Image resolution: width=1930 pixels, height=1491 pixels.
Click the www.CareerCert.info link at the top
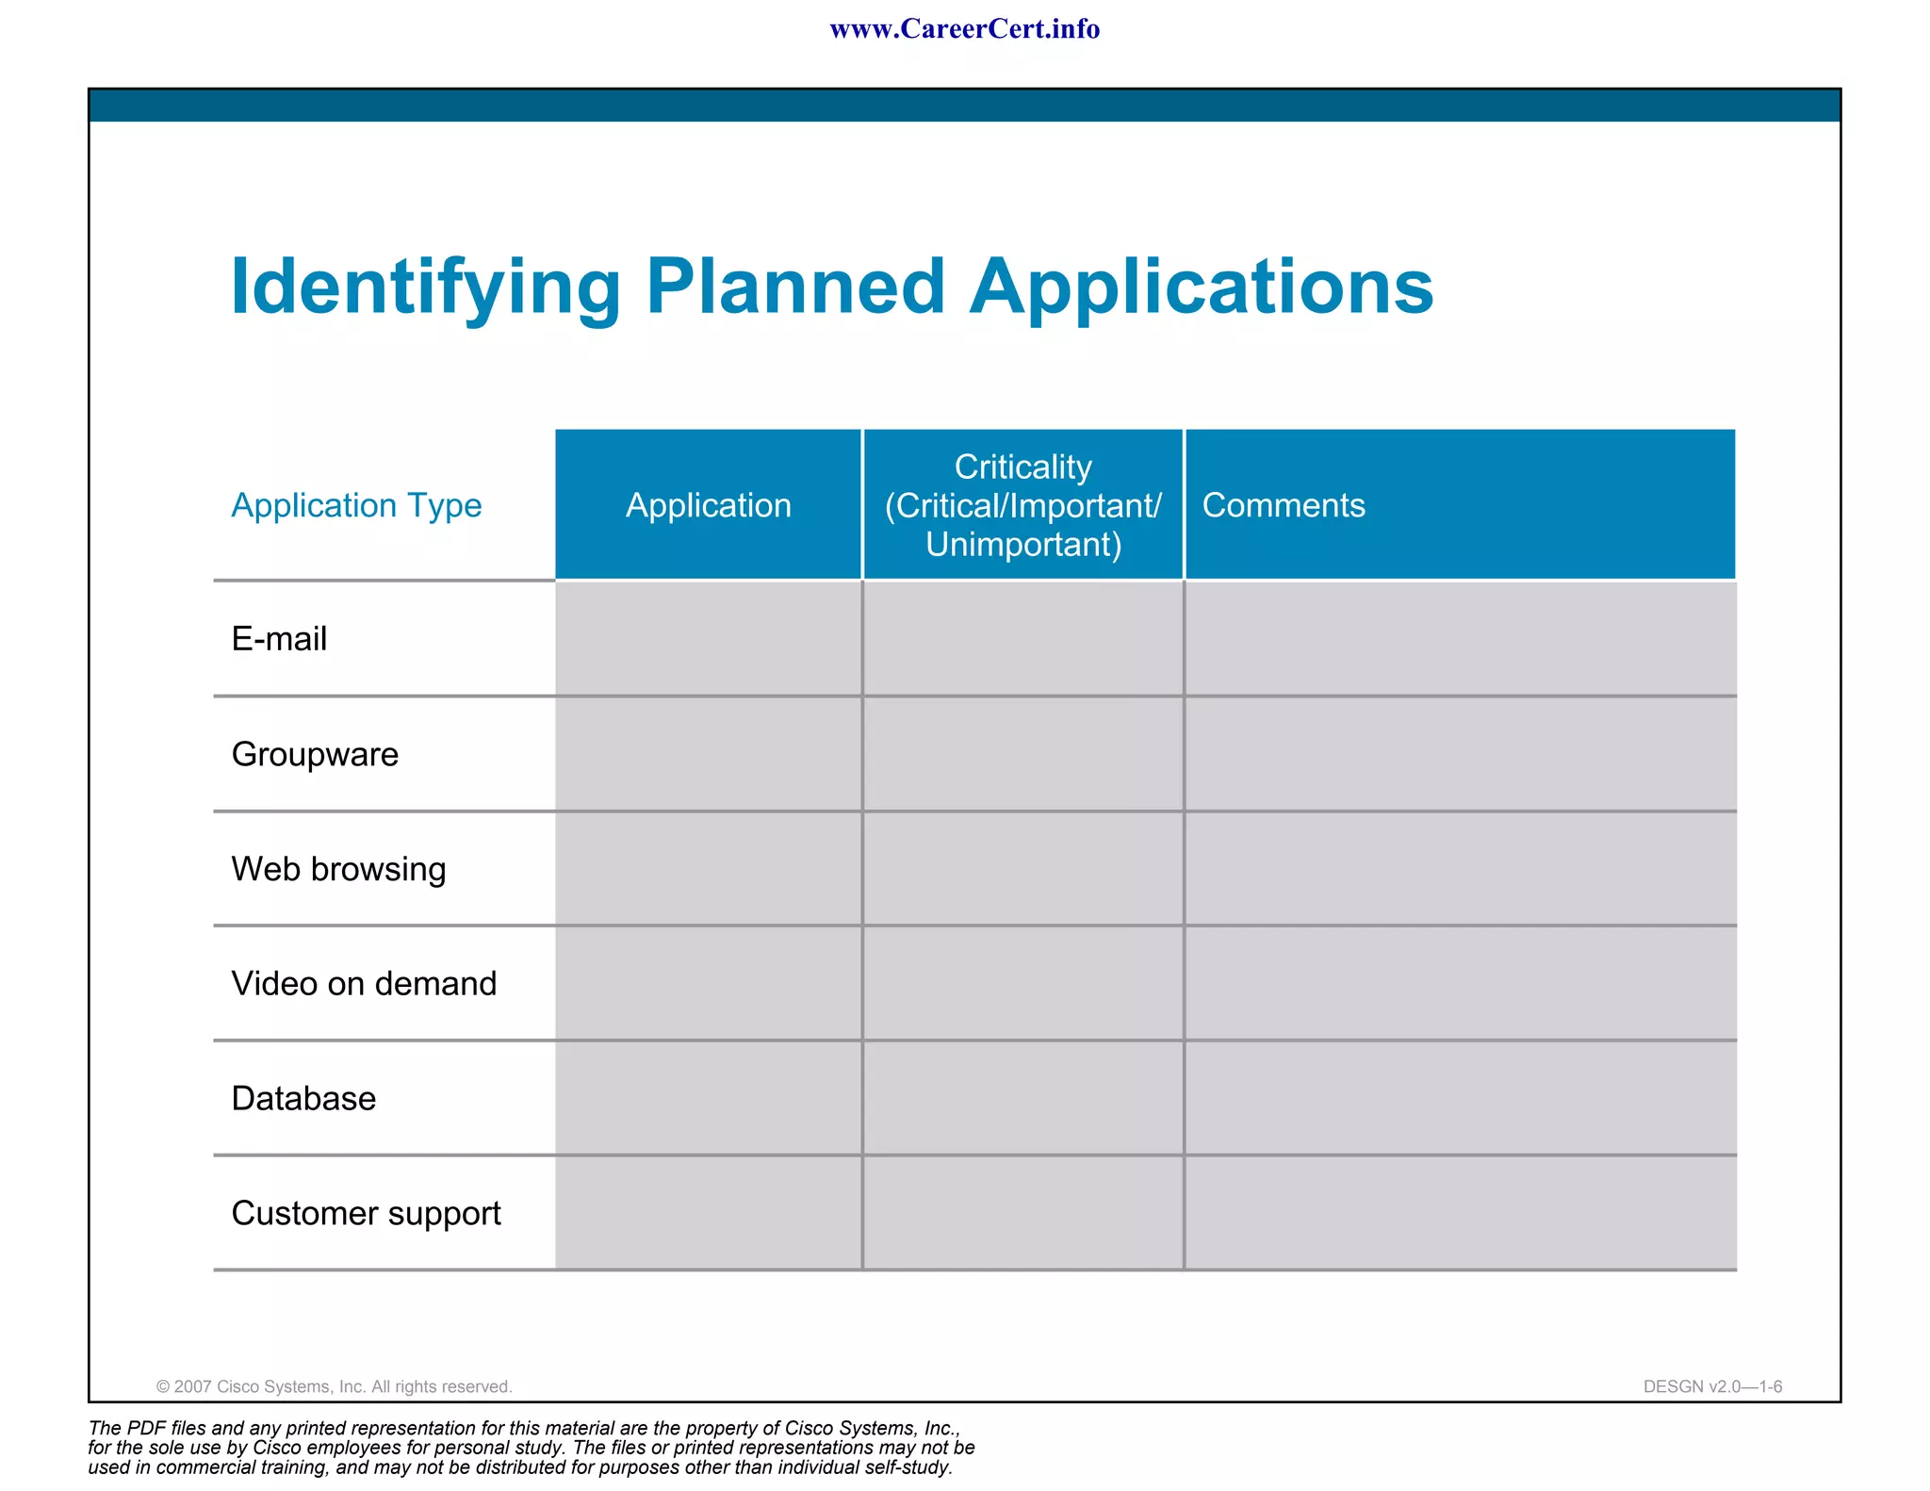[964, 29]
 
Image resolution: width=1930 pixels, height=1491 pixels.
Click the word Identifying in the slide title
[425, 287]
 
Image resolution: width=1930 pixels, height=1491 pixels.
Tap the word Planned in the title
[795, 287]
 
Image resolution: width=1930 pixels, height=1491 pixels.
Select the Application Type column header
[356, 505]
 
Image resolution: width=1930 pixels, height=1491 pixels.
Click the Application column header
[709, 505]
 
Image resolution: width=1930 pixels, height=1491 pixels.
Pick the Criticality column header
[1023, 505]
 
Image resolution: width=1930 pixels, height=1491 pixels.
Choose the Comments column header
[1284, 505]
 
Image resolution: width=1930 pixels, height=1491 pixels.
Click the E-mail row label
[279, 639]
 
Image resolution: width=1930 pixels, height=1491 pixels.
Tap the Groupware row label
[315, 754]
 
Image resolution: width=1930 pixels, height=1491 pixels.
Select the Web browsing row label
[338, 869]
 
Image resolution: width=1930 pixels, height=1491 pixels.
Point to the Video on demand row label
[364, 983]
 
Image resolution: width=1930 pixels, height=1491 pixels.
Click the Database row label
[303, 1098]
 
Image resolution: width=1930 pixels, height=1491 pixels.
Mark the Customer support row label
[366, 1213]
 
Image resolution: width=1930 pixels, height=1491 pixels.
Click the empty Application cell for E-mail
[709, 639]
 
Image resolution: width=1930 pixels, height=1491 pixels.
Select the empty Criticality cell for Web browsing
[1023, 869]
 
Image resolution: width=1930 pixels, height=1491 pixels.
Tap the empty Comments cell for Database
[1460, 1098]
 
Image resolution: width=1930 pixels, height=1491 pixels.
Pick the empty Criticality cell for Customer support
[1023, 1213]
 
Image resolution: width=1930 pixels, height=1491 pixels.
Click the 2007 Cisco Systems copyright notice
[334, 1386]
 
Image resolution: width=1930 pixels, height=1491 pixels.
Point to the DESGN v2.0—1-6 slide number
[1712, 1386]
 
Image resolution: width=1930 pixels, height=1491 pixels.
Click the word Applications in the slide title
[1202, 287]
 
